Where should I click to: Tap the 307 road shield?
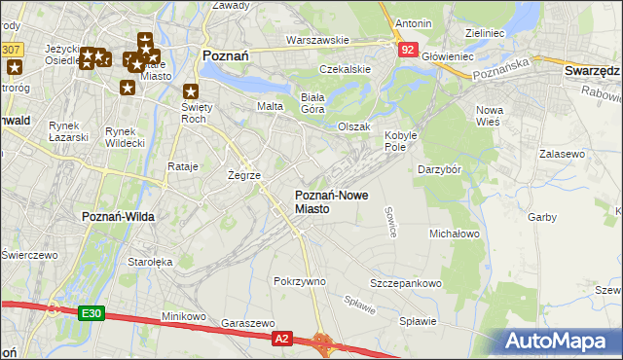[12, 48]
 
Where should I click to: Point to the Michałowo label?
[455, 234]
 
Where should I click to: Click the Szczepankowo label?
[406, 283]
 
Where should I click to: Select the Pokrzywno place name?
[300, 281]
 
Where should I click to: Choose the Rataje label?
[183, 166]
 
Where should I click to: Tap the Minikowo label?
[184, 316]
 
